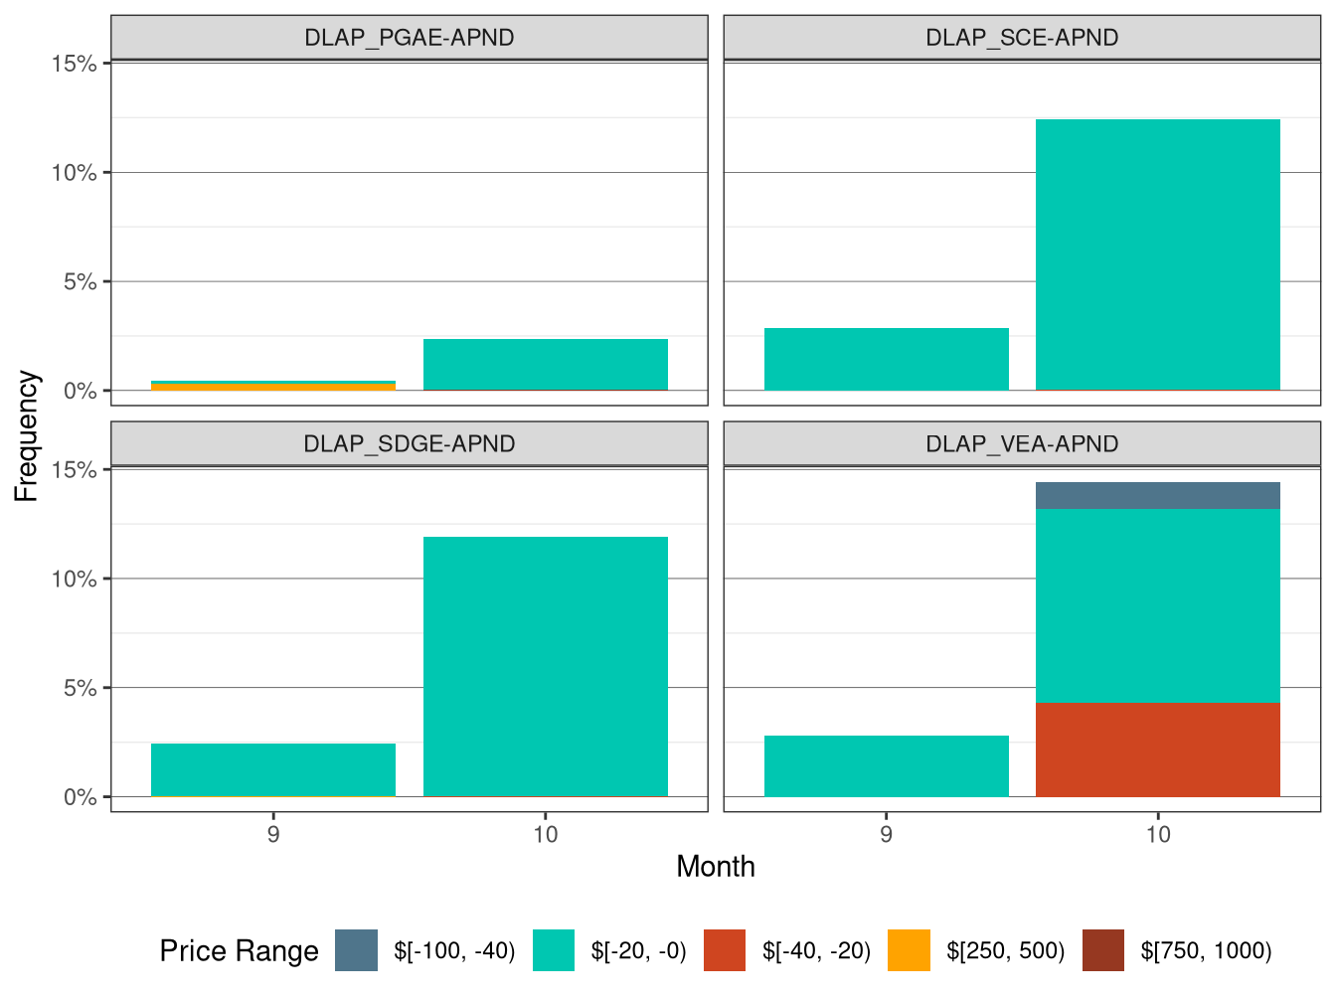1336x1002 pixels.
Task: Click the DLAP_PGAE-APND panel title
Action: click(x=409, y=38)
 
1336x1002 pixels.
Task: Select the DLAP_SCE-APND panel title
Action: click(x=1022, y=38)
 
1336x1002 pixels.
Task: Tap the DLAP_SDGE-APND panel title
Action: click(x=409, y=443)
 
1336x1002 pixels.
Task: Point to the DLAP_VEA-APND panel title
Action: click(x=1022, y=443)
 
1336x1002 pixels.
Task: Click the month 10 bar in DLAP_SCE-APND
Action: click(x=1157, y=254)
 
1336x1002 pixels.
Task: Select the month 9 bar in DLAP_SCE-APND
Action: click(x=886, y=359)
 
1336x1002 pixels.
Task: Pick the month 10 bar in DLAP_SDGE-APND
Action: click(x=545, y=666)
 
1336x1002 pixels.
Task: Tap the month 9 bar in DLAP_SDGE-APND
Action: click(x=273, y=769)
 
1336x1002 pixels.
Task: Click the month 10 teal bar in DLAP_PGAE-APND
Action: click(x=545, y=364)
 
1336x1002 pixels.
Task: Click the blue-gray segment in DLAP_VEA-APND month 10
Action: click(x=1157, y=495)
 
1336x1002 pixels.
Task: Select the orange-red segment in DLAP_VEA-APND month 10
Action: click(x=1157, y=750)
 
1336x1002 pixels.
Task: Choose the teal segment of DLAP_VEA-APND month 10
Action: click(x=1157, y=605)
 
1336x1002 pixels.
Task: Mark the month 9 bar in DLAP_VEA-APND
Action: click(x=886, y=765)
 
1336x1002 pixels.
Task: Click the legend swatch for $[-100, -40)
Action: click(x=356, y=950)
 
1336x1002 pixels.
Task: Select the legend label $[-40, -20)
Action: click(x=816, y=951)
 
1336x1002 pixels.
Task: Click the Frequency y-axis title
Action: click(x=27, y=435)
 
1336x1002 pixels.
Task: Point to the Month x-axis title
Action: click(x=715, y=867)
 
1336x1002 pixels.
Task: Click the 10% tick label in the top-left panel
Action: click(x=75, y=173)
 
